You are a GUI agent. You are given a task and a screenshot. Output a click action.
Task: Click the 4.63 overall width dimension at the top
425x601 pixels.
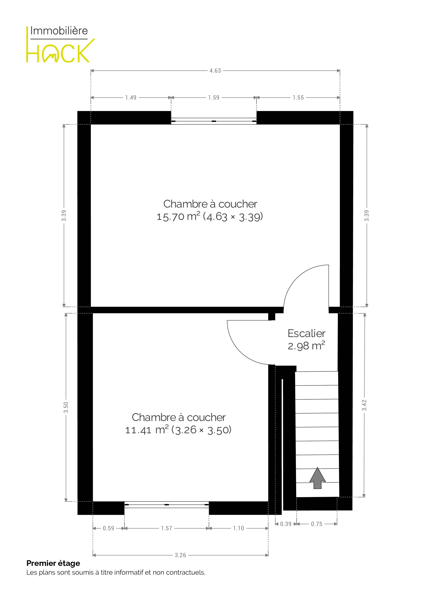coord(215,71)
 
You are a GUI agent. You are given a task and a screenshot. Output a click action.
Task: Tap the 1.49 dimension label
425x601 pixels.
coord(131,98)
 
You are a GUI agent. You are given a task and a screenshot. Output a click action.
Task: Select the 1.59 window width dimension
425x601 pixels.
coord(214,98)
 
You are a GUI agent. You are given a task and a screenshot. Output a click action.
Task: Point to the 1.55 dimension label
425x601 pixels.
coord(298,98)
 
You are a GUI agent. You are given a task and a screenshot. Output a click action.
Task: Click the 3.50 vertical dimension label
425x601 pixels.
coord(66,407)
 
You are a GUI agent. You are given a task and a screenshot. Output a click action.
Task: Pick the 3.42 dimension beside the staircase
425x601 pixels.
coord(364,405)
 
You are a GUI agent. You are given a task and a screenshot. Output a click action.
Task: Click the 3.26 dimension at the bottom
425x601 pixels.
coord(180,555)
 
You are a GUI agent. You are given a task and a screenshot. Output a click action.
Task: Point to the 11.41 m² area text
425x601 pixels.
coord(147,430)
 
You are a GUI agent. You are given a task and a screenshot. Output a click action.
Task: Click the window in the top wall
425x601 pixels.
coord(214,121)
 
